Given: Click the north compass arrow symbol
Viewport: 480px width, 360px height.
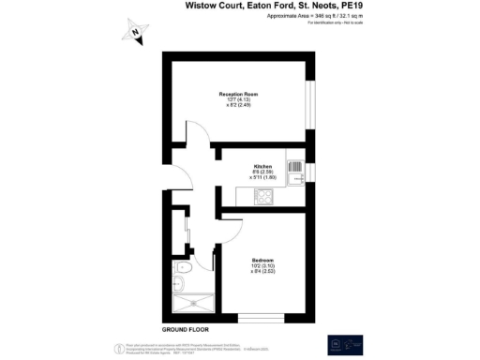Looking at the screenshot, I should tap(136, 35).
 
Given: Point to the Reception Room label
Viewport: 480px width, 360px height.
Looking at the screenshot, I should tap(238, 95).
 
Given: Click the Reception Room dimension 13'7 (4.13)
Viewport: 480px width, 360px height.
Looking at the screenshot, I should tap(238, 100).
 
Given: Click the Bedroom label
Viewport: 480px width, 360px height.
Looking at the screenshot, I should tap(263, 259).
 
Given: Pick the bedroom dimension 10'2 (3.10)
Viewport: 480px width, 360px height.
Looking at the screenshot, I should tap(263, 265).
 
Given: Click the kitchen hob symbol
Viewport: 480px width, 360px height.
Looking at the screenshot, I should tap(265, 196).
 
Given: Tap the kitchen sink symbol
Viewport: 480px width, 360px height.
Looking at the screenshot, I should tap(296, 172).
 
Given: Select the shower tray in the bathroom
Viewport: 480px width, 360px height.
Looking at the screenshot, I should tap(193, 302).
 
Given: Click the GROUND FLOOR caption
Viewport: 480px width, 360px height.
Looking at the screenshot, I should tap(185, 329).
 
